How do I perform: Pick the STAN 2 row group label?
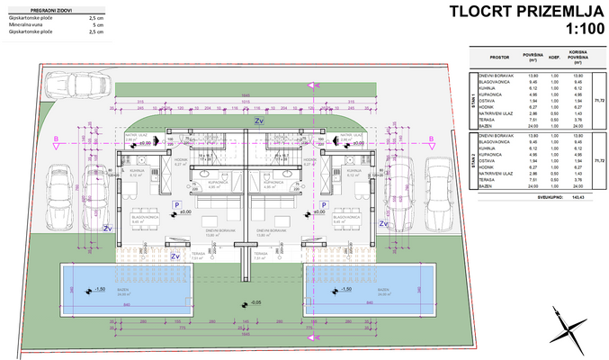click(x=473, y=161)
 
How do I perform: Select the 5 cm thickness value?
click(x=96, y=24)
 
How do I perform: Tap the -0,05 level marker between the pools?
click(x=256, y=301)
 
